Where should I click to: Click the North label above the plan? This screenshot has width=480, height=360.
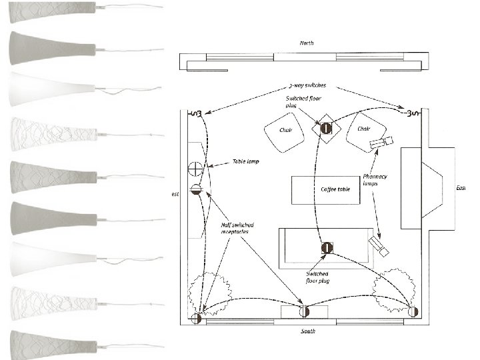pos(307,43)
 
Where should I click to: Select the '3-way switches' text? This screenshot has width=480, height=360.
pos(307,86)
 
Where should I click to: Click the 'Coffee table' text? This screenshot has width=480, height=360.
pos(335,189)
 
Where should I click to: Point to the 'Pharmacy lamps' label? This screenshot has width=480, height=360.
pos(375,180)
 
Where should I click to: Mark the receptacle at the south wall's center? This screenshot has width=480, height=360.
pos(305,311)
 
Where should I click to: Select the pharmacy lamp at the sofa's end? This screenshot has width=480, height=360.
pos(380,247)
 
